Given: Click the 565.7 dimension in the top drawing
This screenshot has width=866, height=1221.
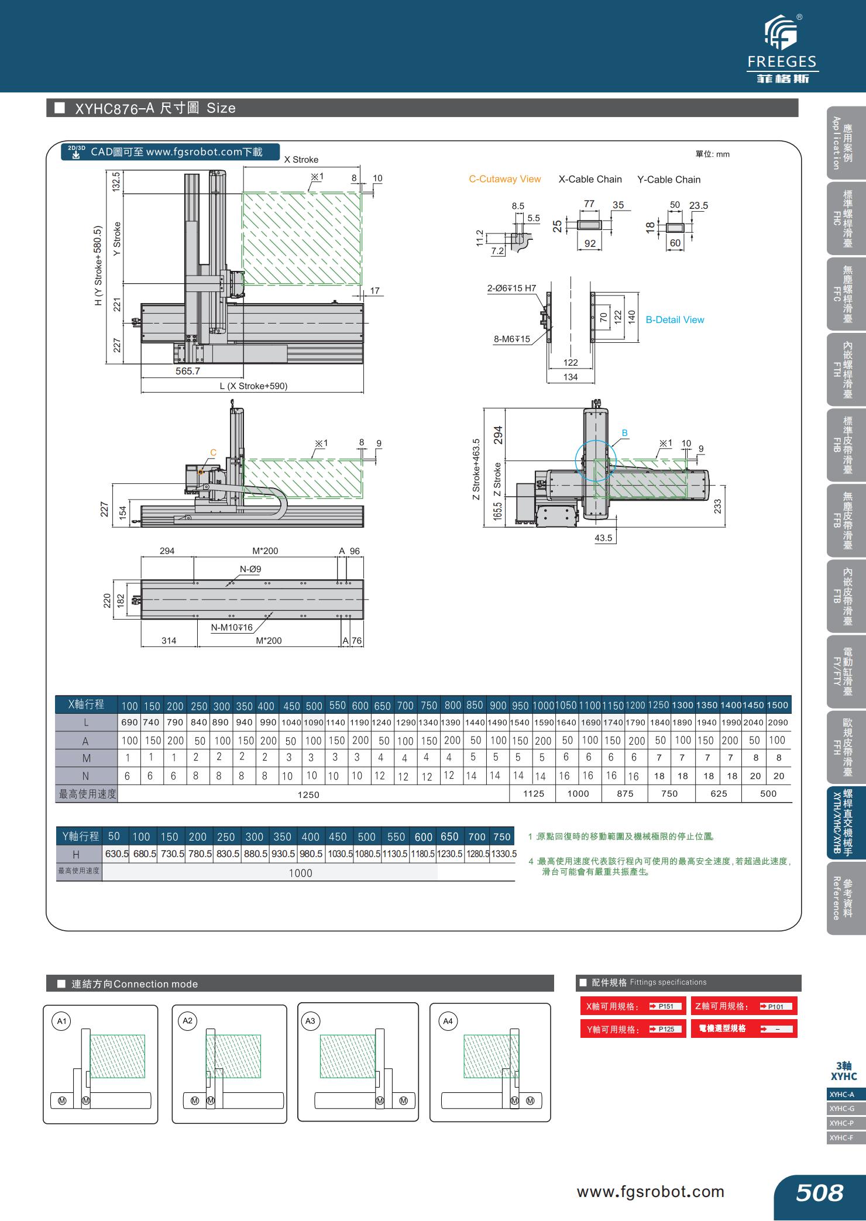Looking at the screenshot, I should [x=188, y=371].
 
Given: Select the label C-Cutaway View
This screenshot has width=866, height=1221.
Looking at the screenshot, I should [x=504, y=179].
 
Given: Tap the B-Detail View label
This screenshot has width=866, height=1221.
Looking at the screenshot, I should [x=675, y=319].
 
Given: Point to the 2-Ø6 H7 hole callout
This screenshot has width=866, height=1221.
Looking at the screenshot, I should [x=511, y=288].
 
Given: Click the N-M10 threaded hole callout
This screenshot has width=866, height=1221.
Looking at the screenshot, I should [x=232, y=627].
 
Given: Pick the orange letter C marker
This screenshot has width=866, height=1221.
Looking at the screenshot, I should [x=213, y=452].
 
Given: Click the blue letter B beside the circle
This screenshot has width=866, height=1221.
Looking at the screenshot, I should [x=624, y=433].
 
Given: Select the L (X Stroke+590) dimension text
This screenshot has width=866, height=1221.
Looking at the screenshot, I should [x=253, y=386].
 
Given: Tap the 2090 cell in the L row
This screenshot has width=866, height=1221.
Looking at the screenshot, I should [x=777, y=723].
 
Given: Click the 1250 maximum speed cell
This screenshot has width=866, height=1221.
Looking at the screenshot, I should [x=308, y=794].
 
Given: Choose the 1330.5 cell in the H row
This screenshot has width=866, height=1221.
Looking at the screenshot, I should [x=503, y=854].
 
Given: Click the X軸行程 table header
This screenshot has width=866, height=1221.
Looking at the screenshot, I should [x=85, y=704].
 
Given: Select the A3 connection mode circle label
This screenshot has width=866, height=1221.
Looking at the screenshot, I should [x=310, y=1021].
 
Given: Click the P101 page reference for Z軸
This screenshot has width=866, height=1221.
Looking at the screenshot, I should [x=775, y=1006].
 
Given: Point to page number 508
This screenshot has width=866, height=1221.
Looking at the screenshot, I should [x=819, y=1192].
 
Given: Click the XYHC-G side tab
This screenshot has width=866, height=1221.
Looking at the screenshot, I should [x=841, y=1109].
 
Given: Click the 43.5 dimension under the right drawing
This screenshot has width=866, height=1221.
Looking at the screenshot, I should [x=603, y=538].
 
